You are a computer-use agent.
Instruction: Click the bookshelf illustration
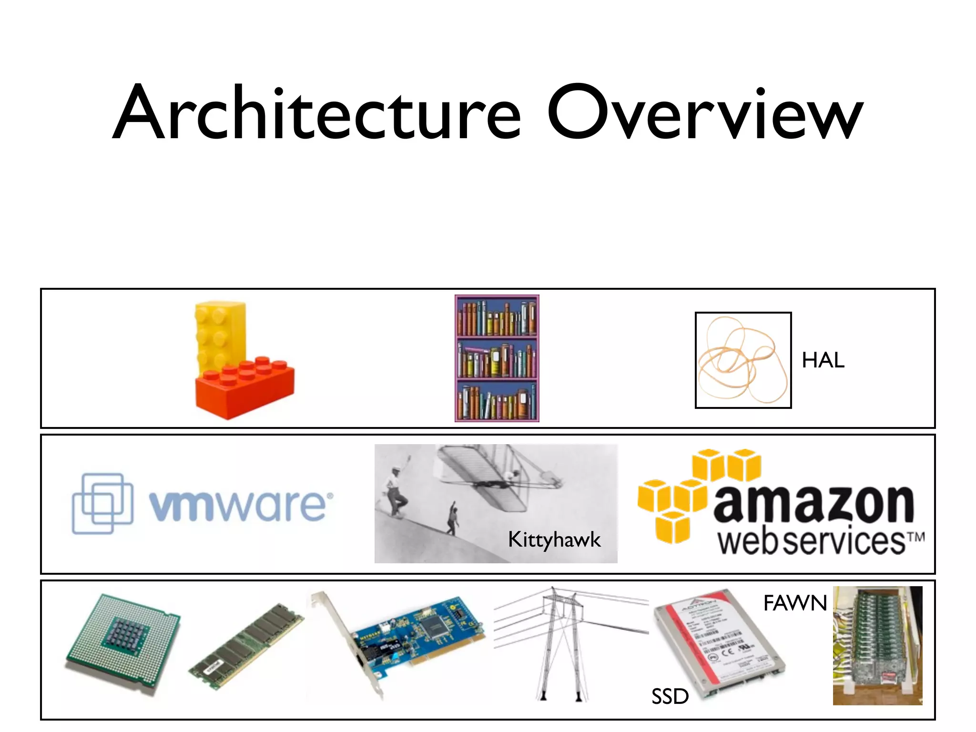[497, 358]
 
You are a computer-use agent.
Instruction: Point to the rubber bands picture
[743, 360]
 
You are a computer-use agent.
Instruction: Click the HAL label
[823, 360]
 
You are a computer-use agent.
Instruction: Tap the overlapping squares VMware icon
[102, 503]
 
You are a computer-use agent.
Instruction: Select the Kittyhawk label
[554, 540]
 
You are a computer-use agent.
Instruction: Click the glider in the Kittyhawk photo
[496, 477]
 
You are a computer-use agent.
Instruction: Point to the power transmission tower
[562, 643]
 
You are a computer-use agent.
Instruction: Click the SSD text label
[670, 697]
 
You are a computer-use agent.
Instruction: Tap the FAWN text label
[795, 603]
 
